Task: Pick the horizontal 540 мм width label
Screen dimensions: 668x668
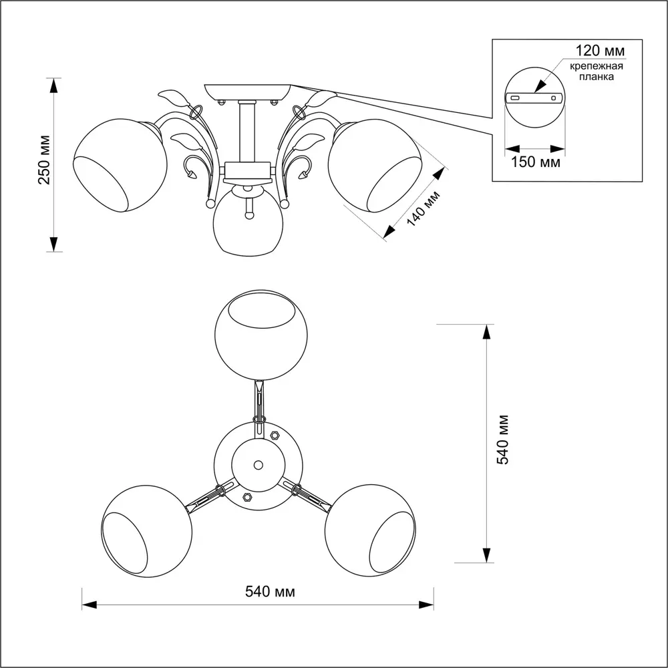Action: click(271, 591)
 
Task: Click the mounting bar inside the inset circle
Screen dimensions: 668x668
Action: click(535, 98)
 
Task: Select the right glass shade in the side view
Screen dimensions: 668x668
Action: click(373, 167)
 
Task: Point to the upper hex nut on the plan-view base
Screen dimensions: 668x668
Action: click(274, 434)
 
